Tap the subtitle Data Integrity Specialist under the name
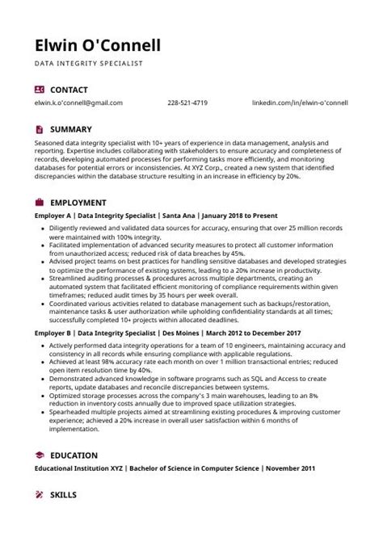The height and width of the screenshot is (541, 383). coord(88,62)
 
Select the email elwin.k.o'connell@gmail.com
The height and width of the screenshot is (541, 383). coord(79,103)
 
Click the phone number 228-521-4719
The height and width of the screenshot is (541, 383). coord(187,103)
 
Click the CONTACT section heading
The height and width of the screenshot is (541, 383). coord(69,90)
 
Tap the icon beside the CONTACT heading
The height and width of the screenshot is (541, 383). coord(40,90)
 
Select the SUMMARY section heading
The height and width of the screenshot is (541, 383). coord(71,128)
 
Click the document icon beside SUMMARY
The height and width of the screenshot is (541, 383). coord(40,128)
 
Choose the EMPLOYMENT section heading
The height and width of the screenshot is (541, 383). coord(78,203)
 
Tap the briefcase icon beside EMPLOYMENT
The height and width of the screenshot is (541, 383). coord(40,203)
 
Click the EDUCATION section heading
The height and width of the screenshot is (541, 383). coord(74,455)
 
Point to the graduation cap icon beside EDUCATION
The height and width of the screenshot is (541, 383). coord(40,455)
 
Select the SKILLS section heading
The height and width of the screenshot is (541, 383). coord(65,493)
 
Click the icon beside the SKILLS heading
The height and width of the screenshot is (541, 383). coord(40,493)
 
